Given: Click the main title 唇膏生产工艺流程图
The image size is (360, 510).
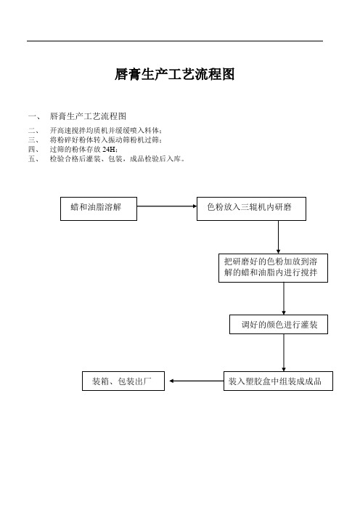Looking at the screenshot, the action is [174, 75].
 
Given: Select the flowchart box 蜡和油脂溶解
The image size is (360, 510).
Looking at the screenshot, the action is [99, 209].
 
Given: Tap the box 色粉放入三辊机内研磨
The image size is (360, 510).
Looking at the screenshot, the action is [251, 209].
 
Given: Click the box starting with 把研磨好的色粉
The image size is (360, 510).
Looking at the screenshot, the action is [273, 267].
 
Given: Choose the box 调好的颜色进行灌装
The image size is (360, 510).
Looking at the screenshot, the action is [279, 324].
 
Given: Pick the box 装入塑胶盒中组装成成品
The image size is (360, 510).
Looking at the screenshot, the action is [278, 381].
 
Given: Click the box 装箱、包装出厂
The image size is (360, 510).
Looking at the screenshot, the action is [123, 381].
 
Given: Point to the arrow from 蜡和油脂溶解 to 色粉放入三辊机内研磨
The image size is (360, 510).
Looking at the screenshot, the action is [167, 206].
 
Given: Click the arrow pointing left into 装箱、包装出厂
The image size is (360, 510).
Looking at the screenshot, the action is [197, 381].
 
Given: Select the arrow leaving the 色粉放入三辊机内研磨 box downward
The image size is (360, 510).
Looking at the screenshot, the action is [278, 237].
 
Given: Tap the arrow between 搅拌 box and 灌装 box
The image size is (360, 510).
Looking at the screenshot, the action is [284, 299].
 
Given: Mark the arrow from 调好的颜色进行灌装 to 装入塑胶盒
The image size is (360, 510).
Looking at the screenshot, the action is [284, 352].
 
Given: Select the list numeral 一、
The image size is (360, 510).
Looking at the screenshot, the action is [34, 116].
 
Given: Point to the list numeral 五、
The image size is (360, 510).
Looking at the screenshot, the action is [33, 158].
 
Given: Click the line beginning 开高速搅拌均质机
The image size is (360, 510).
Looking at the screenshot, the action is [106, 131].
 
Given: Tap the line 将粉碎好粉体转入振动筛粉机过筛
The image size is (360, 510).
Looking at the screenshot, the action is [106, 140].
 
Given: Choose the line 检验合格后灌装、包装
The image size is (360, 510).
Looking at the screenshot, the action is [118, 158].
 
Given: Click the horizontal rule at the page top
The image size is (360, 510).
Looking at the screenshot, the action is [175, 41].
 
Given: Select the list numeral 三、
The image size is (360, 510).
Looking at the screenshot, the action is [33, 140].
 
